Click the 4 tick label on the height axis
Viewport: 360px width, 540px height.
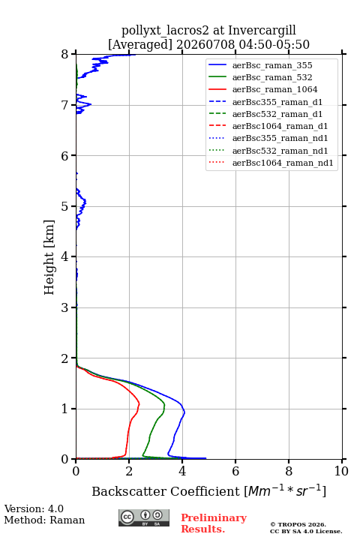[x=64, y=256]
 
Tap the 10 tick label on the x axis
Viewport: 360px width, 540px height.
[x=341, y=471]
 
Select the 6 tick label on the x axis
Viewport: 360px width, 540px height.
[x=235, y=471]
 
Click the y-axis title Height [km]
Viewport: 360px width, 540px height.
[x=49, y=257]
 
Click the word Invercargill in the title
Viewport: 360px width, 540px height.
[x=262, y=31]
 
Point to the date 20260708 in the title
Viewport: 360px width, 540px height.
[x=205, y=44]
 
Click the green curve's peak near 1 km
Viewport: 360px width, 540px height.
[x=165, y=406]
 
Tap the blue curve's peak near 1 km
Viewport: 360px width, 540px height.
[x=184, y=412]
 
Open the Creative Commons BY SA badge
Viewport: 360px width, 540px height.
[x=144, y=517]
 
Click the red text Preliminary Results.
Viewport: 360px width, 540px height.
[x=214, y=523]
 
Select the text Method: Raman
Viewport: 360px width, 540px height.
[x=44, y=520]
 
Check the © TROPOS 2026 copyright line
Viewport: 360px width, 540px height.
[x=298, y=524]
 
